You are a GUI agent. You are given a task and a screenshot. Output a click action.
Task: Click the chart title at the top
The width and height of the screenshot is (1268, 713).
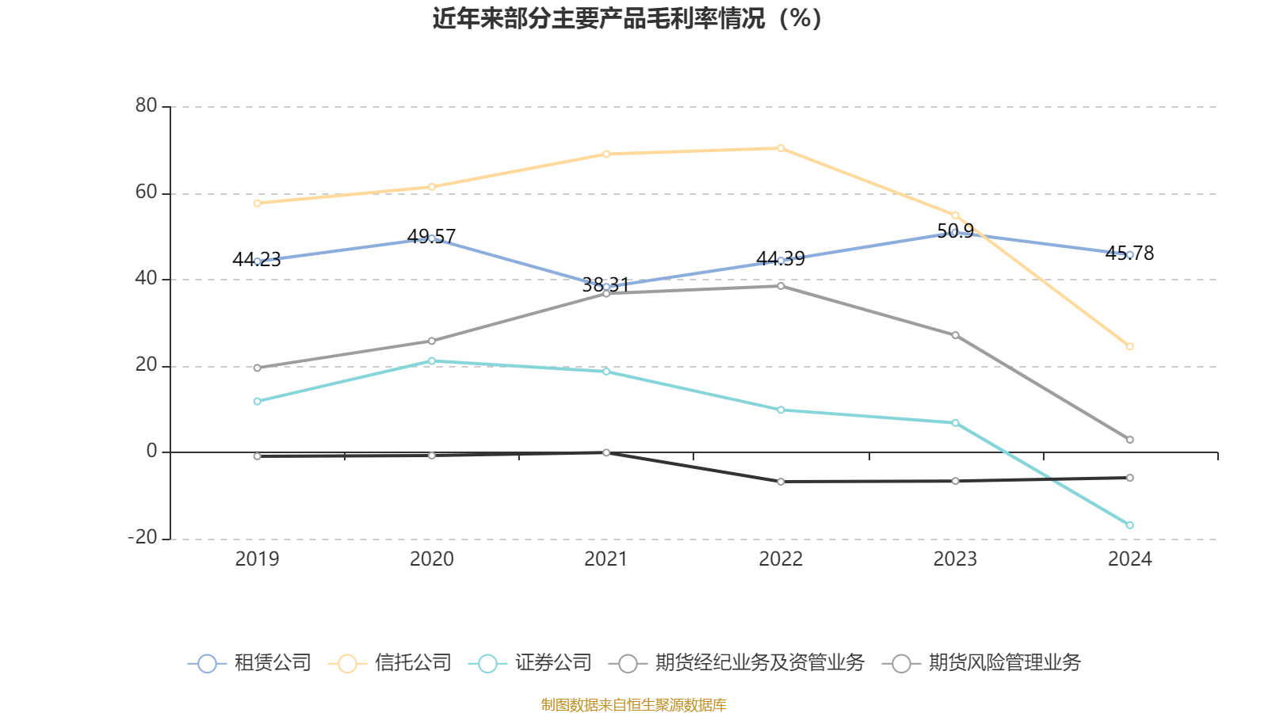[627, 18]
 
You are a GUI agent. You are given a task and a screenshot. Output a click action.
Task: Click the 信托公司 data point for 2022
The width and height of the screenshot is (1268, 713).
[781, 148]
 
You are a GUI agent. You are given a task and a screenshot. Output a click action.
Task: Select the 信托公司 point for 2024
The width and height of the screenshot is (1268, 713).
[1129, 346]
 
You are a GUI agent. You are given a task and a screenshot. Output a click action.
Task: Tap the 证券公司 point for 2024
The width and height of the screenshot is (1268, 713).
[1129, 525]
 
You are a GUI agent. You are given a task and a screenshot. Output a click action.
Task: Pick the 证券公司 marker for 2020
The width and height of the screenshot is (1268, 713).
[432, 361]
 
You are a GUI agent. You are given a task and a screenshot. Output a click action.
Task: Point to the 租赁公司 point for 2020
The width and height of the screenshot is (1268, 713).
[432, 238]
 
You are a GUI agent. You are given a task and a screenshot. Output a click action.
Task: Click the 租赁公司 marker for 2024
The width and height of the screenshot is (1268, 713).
[1129, 254]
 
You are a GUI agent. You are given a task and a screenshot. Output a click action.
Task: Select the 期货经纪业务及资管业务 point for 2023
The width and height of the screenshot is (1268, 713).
[955, 335]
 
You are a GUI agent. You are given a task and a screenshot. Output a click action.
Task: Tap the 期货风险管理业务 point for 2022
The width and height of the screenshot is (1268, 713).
[781, 482]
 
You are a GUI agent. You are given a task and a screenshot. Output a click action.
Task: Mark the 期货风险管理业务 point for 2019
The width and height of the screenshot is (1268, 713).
[257, 456]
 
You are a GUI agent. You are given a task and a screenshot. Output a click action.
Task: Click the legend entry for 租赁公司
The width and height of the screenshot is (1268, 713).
[250, 663]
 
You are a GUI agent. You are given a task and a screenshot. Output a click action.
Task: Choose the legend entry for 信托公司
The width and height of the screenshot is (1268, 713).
[391, 663]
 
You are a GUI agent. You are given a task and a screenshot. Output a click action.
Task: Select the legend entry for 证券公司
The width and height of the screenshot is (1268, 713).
[531, 663]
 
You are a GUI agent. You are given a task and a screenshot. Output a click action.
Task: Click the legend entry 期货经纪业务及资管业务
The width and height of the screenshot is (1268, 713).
[737, 663]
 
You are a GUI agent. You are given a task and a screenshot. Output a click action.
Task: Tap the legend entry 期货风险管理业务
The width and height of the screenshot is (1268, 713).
[982, 663]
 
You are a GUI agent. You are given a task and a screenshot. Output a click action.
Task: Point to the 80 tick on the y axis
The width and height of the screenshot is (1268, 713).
[146, 106]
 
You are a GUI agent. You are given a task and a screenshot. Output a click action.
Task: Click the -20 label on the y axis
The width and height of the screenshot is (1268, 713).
[143, 538]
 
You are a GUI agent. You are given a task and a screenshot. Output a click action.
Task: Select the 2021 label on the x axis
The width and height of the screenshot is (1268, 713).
[606, 559]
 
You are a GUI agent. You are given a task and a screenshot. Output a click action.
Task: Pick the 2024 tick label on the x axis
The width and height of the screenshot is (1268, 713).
[1129, 559]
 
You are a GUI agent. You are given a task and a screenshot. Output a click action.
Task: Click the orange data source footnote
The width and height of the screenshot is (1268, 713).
[633, 704]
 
